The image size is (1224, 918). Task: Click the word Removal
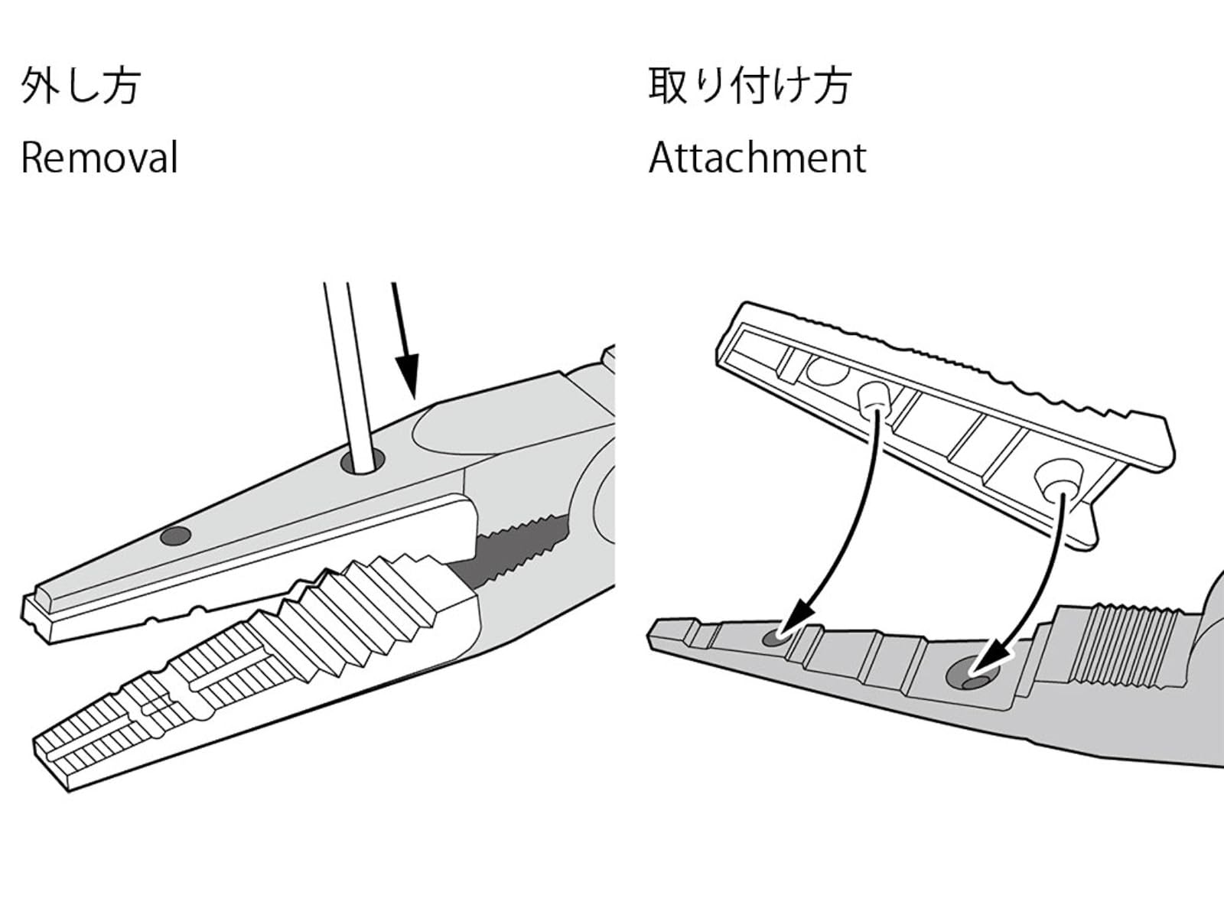[x=99, y=158]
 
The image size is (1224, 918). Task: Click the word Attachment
[x=757, y=158]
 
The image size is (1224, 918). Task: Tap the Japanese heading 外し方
[x=80, y=85]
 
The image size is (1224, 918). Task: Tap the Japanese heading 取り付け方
[x=750, y=85]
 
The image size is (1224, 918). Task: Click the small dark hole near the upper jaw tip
[x=175, y=536]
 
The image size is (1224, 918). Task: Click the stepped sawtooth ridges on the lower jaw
[x=367, y=604]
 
